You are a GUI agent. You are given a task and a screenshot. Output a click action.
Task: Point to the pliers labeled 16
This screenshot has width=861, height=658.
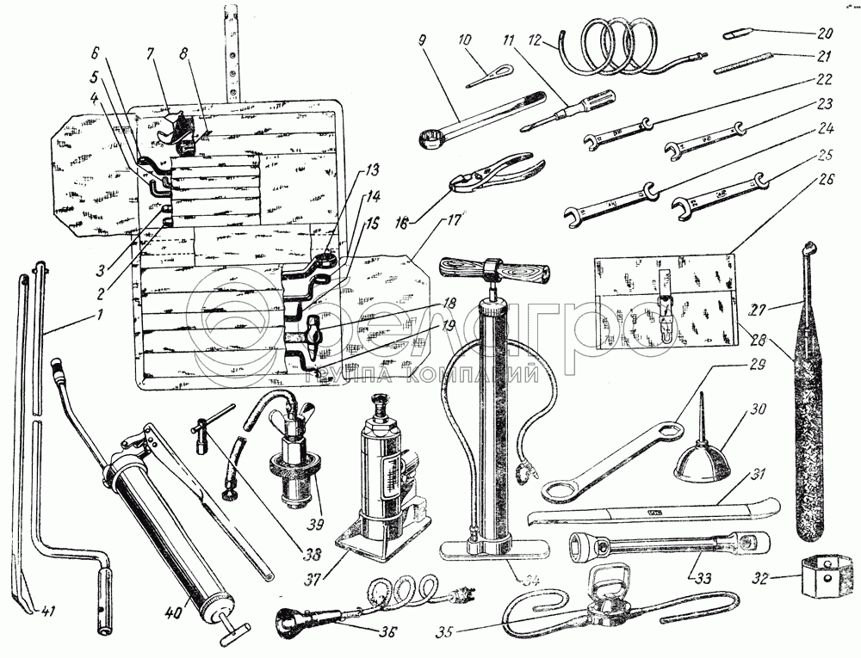490,169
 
